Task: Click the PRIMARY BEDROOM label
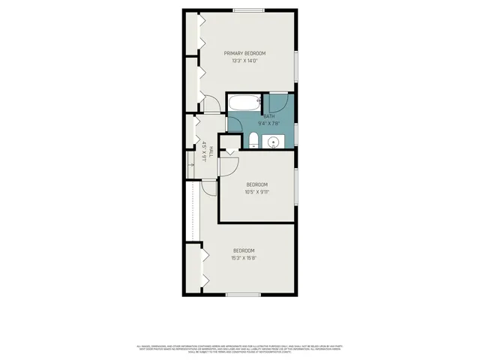pyautogui.click(x=244, y=53)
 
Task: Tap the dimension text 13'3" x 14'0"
pyautogui.click(x=244, y=61)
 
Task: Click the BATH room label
pyautogui.click(x=268, y=115)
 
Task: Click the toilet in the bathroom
pyautogui.click(x=253, y=139)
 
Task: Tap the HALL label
pyautogui.click(x=210, y=151)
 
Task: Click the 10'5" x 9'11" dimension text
pyautogui.click(x=256, y=191)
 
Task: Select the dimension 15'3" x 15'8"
pyautogui.click(x=244, y=258)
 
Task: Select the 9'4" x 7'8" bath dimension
pyautogui.click(x=268, y=123)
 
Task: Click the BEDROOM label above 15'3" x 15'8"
pyautogui.click(x=244, y=250)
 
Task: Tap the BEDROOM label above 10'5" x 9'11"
pyautogui.click(x=256, y=184)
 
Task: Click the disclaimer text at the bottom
pyautogui.click(x=240, y=349)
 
